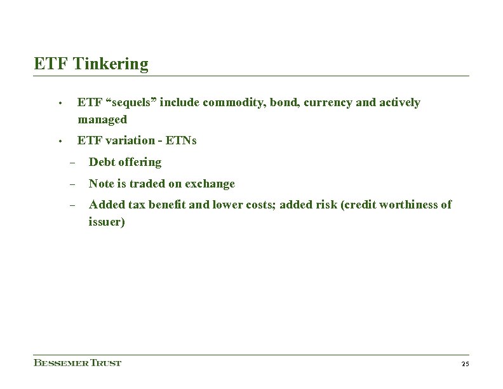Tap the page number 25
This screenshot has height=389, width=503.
[x=465, y=364]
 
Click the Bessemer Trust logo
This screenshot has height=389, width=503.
[x=77, y=363]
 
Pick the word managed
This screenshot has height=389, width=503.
[x=102, y=119]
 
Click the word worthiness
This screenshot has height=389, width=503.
[x=408, y=205]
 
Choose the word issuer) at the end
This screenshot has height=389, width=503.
[x=107, y=222]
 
